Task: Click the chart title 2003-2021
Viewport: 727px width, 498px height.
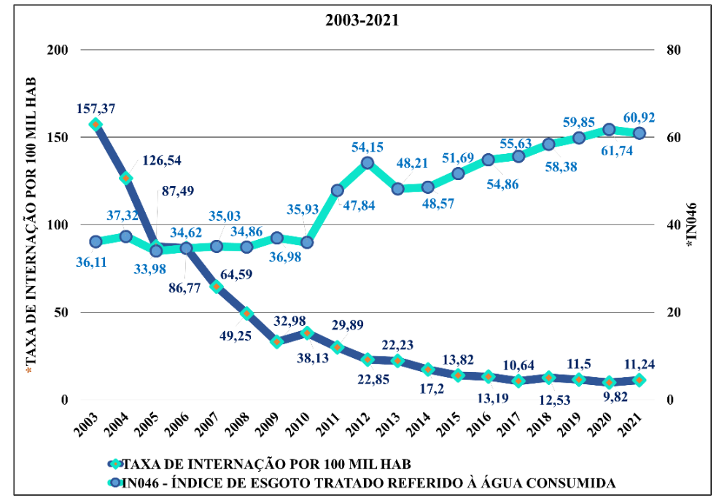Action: click(362, 20)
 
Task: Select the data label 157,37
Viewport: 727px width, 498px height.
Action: click(96, 109)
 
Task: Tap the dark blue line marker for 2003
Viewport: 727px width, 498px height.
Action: click(95, 124)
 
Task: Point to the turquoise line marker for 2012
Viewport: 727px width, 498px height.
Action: click(368, 163)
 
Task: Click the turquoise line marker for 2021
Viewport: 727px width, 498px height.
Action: click(639, 133)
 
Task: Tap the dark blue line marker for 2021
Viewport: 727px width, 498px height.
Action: click(639, 380)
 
